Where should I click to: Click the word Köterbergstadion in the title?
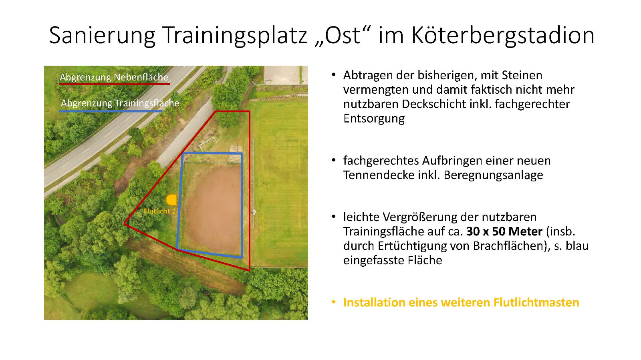[x=503, y=36]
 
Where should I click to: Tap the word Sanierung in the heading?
[x=102, y=36]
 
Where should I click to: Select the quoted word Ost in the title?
[x=342, y=35]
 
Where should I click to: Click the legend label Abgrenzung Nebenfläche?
[x=114, y=77]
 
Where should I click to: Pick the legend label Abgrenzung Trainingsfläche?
[x=120, y=103]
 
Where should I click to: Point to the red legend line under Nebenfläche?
[x=115, y=84]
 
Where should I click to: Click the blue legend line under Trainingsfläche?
[x=111, y=111]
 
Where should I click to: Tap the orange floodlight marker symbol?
[x=171, y=200]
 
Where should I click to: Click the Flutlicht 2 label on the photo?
[x=159, y=211]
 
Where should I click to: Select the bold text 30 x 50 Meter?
[x=504, y=231]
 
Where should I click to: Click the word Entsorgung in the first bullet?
[x=374, y=119]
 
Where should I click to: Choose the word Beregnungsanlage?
[x=493, y=175]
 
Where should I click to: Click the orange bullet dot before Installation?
[x=333, y=302]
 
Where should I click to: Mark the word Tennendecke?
[x=377, y=175]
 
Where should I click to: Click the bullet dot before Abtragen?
[x=333, y=75]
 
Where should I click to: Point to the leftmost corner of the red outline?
[x=125, y=224]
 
